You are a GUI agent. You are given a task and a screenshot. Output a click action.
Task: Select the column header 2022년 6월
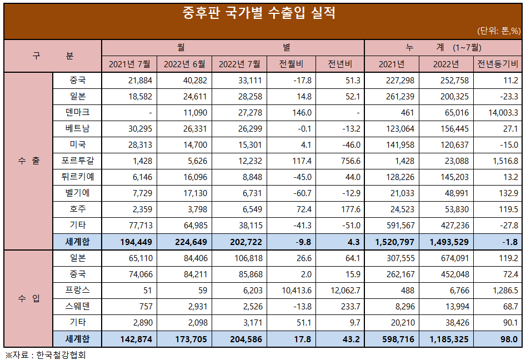pos(184,64)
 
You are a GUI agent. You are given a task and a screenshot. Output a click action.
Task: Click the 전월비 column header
pos(291,64)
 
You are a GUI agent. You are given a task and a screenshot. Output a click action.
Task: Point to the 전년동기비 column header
pos(498,64)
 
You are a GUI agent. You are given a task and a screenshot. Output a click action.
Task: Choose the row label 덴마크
pos(77,113)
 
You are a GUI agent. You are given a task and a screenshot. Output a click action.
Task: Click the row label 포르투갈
pos(77,161)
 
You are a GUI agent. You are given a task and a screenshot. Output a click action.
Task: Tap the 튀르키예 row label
pos(77,177)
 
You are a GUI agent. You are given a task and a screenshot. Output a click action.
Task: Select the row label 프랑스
pos(77,290)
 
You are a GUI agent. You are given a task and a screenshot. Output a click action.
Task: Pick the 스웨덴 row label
pos(77,306)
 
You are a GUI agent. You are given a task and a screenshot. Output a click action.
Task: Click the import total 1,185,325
pos(448,339)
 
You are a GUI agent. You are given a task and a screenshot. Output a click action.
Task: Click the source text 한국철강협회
pos(61,354)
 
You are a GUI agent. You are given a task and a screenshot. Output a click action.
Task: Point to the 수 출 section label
pos(28,161)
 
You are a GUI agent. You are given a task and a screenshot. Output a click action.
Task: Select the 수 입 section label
pos(28,298)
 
